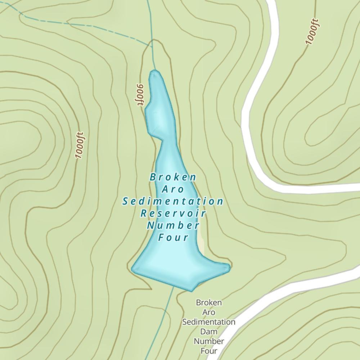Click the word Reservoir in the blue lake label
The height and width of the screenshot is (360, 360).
point(173,213)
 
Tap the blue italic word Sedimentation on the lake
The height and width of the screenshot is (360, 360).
point(173,201)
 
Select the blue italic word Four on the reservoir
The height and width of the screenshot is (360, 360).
point(174,237)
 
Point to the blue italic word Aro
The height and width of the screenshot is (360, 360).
point(173,189)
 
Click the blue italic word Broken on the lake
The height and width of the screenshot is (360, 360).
point(173,177)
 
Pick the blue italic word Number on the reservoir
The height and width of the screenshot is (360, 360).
point(173,225)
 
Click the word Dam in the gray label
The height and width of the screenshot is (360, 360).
point(209,331)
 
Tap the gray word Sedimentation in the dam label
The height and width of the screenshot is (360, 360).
point(209,322)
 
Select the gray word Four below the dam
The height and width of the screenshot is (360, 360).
point(209,350)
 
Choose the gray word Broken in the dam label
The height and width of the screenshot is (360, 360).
point(209,303)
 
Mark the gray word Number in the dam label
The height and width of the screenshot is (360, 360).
point(209,341)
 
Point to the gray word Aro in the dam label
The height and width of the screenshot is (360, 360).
point(209,312)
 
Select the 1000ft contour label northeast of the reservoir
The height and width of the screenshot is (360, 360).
point(313,32)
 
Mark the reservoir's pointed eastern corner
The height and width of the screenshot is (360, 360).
point(229,267)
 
